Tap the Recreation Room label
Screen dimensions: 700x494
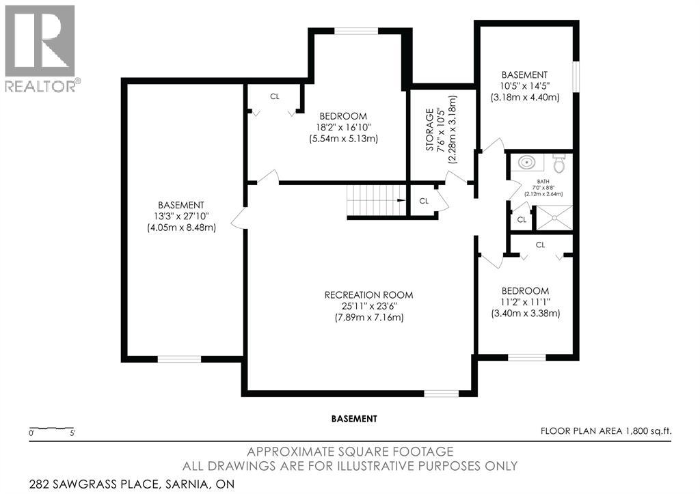[368, 295]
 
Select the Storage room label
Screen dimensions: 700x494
[429, 129]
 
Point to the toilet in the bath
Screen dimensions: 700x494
[559, 163]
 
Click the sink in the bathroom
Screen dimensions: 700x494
[527, 162]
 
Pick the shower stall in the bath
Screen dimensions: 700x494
[554, 218]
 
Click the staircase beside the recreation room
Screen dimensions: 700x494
[377, 200]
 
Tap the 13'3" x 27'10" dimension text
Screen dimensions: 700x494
[181, 217]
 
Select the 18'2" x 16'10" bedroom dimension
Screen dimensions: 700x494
[343, 128]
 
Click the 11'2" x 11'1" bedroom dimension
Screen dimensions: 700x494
[526, 302]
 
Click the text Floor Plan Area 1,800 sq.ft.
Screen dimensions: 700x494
[606, 431]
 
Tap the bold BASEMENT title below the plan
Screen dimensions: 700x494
[354, 419]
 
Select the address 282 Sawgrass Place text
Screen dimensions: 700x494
[132, 484]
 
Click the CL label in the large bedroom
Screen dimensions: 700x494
[275, 96]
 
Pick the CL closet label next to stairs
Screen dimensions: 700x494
[424, 202]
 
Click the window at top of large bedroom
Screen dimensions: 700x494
[356, 31]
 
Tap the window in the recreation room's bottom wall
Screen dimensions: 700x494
[441, 394]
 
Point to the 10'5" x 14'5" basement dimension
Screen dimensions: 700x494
[524, 86]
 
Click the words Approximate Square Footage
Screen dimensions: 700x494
[351, 452]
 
